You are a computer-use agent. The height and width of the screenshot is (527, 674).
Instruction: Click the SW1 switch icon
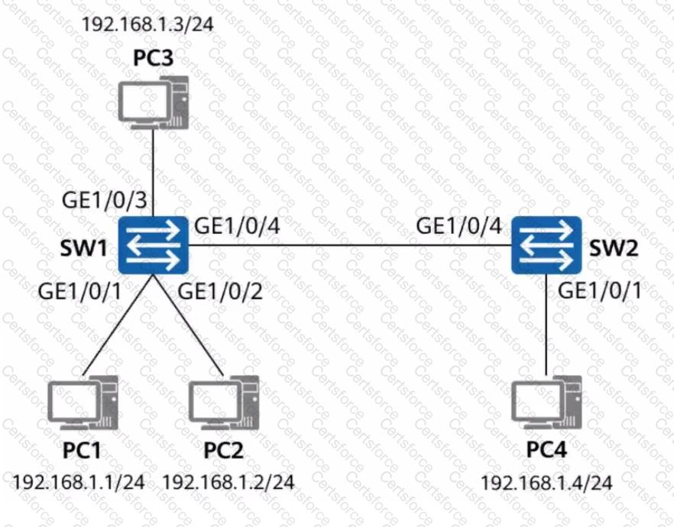point(153,245)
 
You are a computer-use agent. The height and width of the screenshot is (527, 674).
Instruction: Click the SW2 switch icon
point(546,245)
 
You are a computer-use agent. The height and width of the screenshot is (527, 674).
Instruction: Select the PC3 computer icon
point(154,102)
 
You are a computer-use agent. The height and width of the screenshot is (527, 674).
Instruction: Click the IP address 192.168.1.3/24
point(147,24)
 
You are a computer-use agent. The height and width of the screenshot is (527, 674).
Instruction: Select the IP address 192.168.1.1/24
point(78,483)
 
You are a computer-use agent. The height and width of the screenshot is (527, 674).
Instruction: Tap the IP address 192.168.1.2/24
point(228,483)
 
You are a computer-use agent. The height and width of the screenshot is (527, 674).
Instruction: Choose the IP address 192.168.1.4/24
point(546,483)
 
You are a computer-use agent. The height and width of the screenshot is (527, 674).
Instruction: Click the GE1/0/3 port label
point(105,199)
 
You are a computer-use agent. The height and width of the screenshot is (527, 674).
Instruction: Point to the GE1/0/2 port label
point(220,291)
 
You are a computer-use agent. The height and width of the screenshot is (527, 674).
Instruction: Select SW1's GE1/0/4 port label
point(237,225)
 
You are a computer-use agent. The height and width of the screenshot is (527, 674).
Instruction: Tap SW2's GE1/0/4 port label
point(459,225)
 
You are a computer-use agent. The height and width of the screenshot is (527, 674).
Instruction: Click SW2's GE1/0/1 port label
point(600,290)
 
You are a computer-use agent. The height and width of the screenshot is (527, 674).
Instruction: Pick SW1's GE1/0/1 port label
point(80,291)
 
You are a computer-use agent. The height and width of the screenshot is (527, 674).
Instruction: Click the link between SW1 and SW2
point(350,246)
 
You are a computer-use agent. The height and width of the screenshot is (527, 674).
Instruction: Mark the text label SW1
point(84,247)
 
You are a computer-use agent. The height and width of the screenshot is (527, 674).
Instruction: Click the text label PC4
point(547,450)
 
